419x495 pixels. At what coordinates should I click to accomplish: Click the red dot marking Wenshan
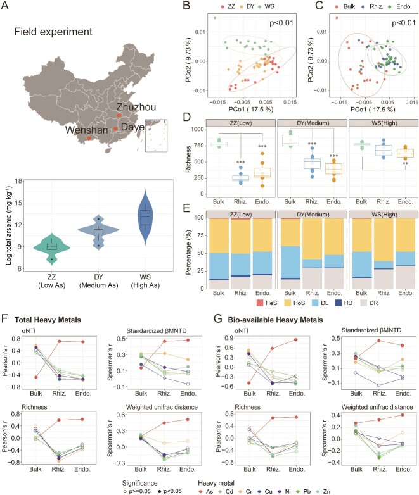(89, 137)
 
